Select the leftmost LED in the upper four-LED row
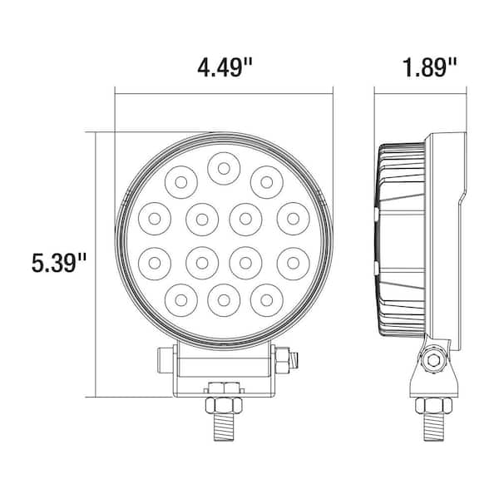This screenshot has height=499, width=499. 155,218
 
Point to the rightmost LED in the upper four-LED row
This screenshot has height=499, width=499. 291,218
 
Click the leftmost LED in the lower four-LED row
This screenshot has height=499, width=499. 155,264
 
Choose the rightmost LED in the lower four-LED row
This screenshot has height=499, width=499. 291,264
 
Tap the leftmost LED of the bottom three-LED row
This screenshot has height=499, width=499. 180,297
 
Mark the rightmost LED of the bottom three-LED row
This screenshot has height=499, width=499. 266,297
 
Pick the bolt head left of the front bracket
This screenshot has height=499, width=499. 164,359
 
